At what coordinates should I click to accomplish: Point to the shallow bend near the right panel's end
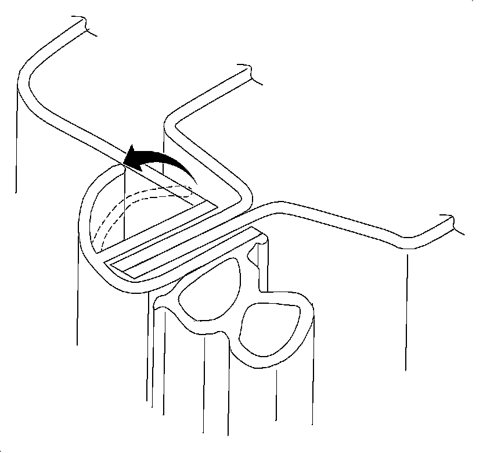(406, 238)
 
